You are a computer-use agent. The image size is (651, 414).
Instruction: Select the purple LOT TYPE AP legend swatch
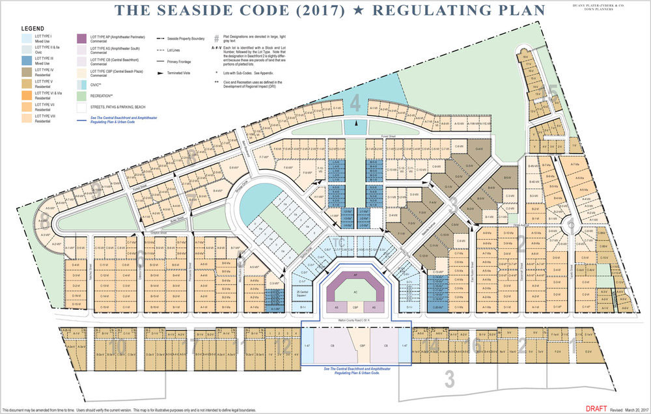pyautogui.click(x=83, y=38)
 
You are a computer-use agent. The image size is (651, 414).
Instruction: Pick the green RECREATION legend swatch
pyautogui.click(x=83, y=95)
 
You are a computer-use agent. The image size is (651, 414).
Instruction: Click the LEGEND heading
pyautogui.click(x=33, y=29)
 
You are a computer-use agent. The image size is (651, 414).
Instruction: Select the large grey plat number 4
pyautogui.click(x=355, y=103)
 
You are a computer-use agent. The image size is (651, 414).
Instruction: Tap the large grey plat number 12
pyautogui.click(x=283, y=347)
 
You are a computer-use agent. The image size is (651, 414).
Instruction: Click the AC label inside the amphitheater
pyautogui.click(x=355, y=292)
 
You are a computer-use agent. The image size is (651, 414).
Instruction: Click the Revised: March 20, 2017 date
pyautogui.click(x=628, y=409)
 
